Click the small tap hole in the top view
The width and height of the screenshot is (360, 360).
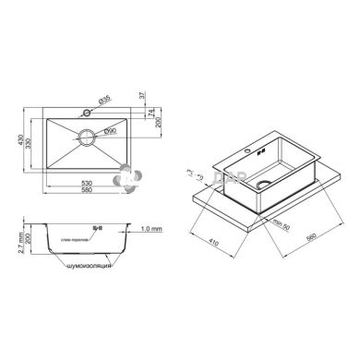point(86,112)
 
